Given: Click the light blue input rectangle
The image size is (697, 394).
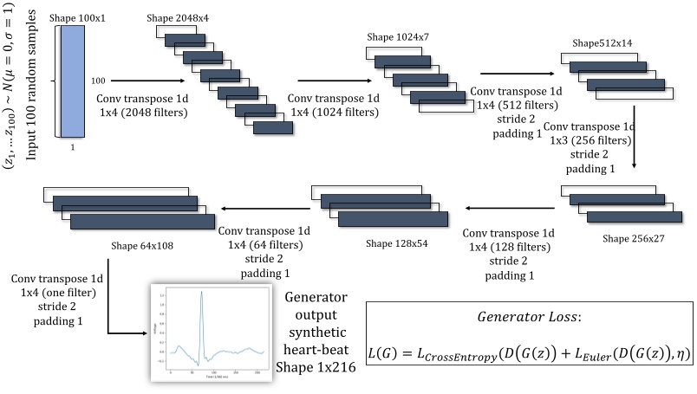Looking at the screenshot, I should [73, 81].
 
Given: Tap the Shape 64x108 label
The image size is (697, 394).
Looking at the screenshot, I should [142, 245].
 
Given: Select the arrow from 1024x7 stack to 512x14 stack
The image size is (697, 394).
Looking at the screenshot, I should [511, 74].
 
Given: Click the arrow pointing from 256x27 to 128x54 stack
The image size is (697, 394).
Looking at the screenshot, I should [510, 207].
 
